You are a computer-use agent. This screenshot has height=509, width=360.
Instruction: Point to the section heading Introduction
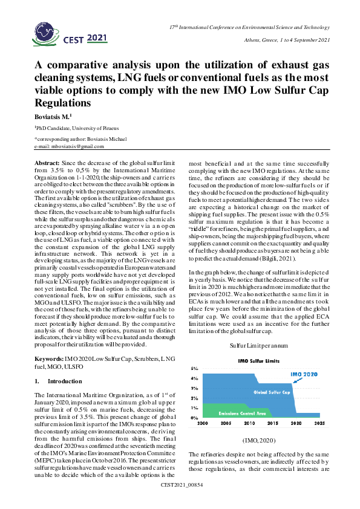click(x=64, y=381)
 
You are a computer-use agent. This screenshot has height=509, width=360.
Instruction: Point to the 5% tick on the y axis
click(x=195, y=368)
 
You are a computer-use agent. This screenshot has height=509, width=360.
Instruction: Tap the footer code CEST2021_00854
click(x=180, y=502)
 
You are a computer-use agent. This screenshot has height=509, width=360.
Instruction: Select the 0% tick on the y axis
click(x=195, y=418)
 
